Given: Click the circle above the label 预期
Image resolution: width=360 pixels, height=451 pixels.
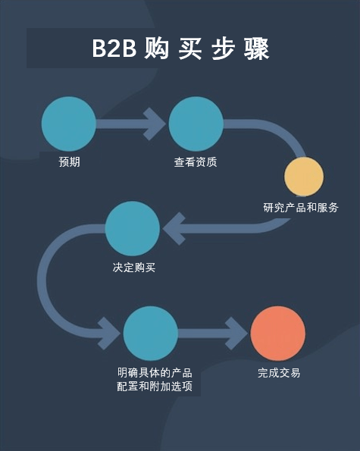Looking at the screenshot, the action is [69, 124].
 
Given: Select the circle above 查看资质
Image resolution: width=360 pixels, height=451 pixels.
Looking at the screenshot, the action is [196, 124].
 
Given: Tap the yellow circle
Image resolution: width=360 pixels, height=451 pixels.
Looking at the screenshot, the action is [304, 177].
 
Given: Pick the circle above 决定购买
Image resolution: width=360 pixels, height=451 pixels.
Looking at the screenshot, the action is [133, 228].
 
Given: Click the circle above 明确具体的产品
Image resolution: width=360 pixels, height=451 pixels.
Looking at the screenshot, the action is [151, 333].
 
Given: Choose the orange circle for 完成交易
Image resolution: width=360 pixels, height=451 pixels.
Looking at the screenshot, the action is [277, 333].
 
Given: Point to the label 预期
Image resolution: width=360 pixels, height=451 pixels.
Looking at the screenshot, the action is [69, 161].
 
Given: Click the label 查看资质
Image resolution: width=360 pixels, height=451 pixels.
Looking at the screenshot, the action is [196, 162].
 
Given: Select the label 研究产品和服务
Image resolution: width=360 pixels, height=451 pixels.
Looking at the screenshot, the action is [301, 208].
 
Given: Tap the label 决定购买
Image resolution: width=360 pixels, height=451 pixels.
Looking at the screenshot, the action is [134, 268].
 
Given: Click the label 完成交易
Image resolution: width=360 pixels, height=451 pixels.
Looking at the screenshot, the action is [279, 373].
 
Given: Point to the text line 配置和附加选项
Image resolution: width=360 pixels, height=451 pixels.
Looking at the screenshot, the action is [155, 387].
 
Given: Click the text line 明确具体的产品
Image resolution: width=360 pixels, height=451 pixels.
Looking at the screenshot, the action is [155, 373].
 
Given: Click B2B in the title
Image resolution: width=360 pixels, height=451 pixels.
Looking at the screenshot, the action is [114, 48].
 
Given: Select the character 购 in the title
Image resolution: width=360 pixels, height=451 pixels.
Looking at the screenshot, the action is [156, 49].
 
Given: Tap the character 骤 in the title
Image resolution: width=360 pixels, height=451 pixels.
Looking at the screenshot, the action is [256, 49].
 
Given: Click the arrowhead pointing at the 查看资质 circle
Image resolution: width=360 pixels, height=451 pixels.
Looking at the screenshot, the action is [155, 124].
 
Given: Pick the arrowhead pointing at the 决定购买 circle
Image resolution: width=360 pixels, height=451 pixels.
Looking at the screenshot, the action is [174, 229].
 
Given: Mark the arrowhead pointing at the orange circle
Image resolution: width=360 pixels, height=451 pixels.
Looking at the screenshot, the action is [236, 334].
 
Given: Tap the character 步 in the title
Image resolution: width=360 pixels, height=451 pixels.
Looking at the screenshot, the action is [223, 49].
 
